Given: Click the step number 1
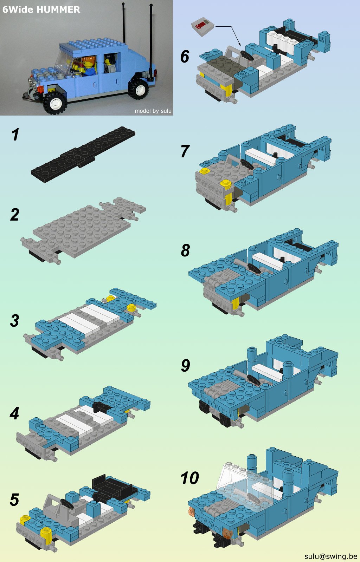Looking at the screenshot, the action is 15,135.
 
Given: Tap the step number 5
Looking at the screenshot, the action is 14,499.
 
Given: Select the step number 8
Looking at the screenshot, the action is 185,250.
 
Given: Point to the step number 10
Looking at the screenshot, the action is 190,478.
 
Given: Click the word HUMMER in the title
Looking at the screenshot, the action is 58,9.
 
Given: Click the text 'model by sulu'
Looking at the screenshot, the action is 153,111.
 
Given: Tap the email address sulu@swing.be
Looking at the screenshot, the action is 330,556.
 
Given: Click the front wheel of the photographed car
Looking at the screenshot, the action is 55,103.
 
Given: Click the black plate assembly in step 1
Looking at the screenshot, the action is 83,154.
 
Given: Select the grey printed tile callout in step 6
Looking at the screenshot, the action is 203,27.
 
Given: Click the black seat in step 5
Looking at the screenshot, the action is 114,486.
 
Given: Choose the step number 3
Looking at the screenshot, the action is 14,320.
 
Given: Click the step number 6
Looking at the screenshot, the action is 185,56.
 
